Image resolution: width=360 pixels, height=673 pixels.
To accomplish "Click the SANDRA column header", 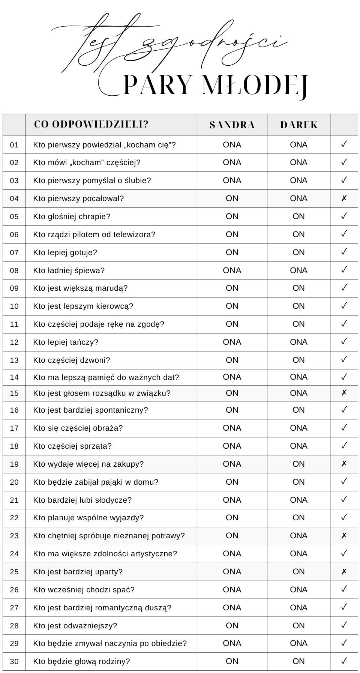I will pos(232,125).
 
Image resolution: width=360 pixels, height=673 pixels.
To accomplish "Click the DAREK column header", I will pos(298,125).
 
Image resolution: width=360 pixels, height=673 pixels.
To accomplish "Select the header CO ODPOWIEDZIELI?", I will pos(91,124).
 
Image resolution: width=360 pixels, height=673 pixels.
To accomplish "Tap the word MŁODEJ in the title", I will pos(255,86).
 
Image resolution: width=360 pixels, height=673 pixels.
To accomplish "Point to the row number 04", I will pos(14,198).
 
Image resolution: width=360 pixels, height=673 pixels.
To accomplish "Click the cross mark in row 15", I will pos(344,393).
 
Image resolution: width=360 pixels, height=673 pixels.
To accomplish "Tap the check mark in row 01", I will pos(344,144).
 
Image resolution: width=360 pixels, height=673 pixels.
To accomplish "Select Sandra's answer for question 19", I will pos(232,464).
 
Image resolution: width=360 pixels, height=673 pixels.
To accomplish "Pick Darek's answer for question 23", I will pos(298,536).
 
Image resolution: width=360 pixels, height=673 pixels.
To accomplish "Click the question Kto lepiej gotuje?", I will pos(65,252).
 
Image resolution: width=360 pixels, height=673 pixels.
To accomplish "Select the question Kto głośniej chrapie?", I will pos(72,216).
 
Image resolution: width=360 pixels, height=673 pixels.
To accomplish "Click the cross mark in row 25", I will pos(344,572).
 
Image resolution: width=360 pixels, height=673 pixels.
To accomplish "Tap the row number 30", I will pos(14,661).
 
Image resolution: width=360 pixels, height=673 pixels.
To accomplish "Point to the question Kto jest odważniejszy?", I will pos(75,626).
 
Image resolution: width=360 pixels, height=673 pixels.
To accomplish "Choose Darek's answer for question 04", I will pos(298,198).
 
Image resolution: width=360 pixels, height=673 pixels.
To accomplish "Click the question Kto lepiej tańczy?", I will pos(66,342).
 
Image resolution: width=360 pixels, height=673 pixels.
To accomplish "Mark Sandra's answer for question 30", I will pos(232,661).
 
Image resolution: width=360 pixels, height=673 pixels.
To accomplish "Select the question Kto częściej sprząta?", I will pos(72,446).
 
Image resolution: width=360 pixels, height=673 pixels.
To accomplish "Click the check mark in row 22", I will pos(344,518).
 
